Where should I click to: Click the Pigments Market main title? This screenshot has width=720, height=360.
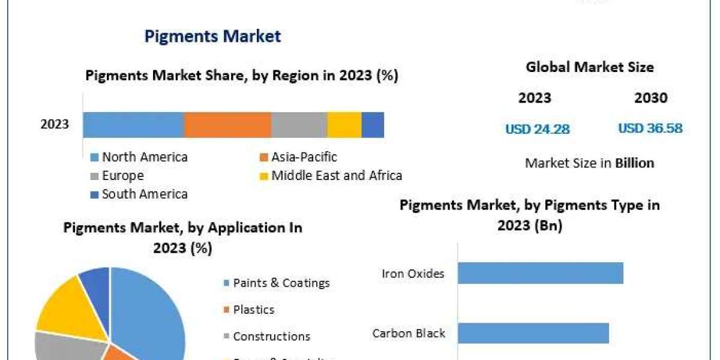point(212,37)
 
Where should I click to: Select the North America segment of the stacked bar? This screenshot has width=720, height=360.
point(133,125)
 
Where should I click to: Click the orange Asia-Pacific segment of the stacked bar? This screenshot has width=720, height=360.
point(227,125)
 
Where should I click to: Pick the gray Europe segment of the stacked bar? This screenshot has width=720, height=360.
point(299,125)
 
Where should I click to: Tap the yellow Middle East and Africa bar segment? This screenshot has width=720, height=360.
point(344,125)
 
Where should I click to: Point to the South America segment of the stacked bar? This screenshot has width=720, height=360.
point(373,125)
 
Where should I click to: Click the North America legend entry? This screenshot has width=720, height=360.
point(139,157)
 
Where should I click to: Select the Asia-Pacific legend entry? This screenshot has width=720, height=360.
point(298,157)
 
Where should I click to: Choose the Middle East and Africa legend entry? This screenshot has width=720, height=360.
point(331,176)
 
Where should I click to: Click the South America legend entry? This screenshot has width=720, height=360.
point(139,194)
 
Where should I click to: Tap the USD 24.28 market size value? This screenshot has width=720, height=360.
point(538,128)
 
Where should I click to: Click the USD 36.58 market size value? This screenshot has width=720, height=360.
point(650,128)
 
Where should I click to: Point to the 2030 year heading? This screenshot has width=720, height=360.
point(650,98)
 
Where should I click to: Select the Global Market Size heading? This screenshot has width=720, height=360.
point(590,67)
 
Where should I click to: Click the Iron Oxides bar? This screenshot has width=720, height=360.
point(540,273)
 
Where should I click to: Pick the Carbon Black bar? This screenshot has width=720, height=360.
point(533,333)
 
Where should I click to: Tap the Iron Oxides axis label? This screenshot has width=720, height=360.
point(413,274)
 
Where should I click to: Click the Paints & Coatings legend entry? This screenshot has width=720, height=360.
point(277,283)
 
